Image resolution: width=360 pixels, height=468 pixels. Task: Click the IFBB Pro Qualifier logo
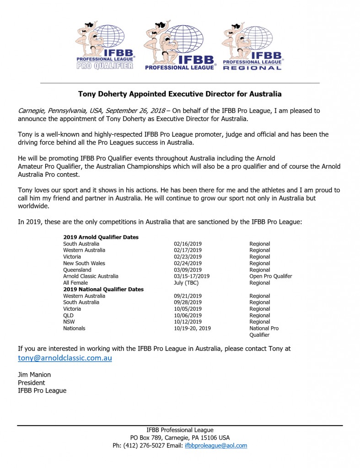click(104, 46)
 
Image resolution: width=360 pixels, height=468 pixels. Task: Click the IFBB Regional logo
click(253, 46)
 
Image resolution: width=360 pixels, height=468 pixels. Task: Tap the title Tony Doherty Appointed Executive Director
click(180, 94)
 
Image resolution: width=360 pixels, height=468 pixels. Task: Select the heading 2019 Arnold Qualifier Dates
click(101, 237)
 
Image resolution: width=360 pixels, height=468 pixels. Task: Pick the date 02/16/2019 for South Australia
click(188, 244)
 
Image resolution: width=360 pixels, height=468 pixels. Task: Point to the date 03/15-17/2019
click(192, 276)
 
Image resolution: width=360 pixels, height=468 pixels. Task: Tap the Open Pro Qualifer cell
click(270, 276)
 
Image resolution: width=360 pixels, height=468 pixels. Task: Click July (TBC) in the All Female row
click(186, 283)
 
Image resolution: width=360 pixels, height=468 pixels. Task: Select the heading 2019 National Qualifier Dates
click(103, 289)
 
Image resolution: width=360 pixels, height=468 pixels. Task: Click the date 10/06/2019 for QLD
click(188, 315)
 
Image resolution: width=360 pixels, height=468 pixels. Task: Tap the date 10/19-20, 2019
click(193, 328)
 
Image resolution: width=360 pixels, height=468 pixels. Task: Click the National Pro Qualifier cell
click(263, 331)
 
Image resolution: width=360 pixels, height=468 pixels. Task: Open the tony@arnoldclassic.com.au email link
click(65, 358)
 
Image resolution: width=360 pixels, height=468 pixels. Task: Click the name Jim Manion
click(35, 375)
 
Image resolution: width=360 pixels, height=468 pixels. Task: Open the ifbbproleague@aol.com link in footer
click(215, 445)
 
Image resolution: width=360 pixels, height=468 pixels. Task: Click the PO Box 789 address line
click(180, 437)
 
